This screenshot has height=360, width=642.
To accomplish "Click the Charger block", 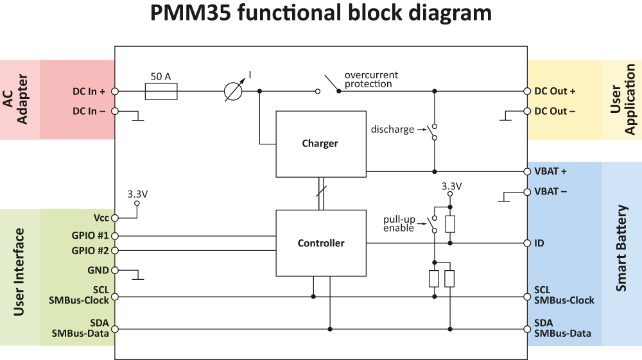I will click(x=320, y=144).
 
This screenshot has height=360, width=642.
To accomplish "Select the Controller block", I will click(x=320, y=243).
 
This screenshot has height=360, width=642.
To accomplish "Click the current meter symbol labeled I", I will click(x=232, y=92).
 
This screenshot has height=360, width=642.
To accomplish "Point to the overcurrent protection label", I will click(x=368, y=79).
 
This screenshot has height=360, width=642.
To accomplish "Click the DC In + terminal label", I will click(x=89, y=92).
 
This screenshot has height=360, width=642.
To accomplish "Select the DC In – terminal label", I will click(x=89, y=111).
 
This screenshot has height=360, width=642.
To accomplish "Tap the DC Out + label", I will click(x=555, y=91).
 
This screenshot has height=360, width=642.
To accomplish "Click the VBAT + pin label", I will click(x=550, y=172).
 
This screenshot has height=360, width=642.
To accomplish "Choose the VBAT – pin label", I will click(x=550, y=191).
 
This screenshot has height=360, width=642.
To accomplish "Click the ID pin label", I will click(x=539, y=244).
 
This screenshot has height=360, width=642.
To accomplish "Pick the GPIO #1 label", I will click(x=91, y=236).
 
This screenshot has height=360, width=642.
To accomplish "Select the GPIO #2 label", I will click(x=91, y=250).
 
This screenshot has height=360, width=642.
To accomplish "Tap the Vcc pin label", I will click(x=100, y=218).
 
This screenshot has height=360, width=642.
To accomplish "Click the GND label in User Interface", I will click(x=98, y=270).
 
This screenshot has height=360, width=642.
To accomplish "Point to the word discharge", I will click(x=392, y=130).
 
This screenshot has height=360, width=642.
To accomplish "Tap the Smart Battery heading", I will click(x=621, y=248).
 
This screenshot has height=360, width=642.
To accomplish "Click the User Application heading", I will click(x=622, y=99).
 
